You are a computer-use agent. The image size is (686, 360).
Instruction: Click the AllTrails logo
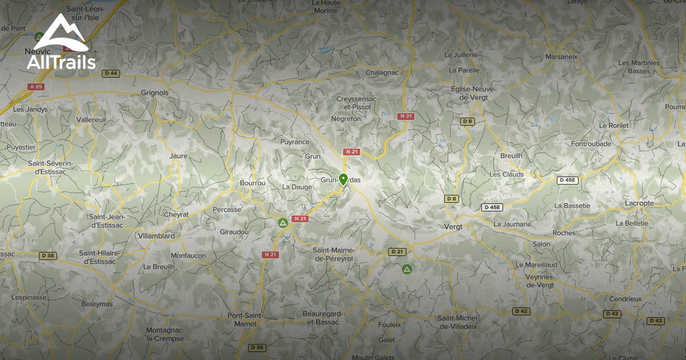pos(61,43)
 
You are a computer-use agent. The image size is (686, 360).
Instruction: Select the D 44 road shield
pos(111,73)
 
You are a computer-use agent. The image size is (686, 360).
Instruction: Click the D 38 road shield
pos(47,255)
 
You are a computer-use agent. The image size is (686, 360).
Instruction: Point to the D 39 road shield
pos(257,347)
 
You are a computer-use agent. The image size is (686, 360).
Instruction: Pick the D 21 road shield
pos(396,252)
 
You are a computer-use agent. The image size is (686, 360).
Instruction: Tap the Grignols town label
pos(154,93)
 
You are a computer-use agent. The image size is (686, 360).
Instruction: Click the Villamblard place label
pos(156,235)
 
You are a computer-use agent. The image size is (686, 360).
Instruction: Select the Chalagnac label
pos(381,73)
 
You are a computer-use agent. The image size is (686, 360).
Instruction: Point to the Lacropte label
pos(639,203)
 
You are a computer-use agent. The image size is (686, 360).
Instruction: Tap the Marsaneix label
pos(561,57)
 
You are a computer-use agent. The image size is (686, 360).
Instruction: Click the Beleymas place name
pos(97,304)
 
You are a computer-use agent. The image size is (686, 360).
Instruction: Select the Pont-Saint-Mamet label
pos(245,319)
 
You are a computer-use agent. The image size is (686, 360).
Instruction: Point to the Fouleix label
pos(389,325)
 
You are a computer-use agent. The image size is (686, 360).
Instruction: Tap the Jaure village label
pos(179,155)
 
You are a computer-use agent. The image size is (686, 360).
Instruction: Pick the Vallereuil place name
pos(91,120)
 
